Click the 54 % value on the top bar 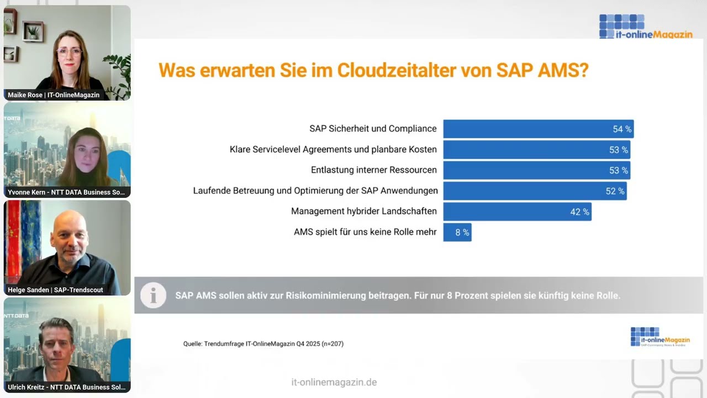pyautogui.click(x=621, y=129)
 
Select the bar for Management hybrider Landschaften pyautogui.click(x=517, y=212)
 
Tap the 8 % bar pyautogui.click(x=457, y=233)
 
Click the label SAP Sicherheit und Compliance pyautogui.click(x=373, y=129)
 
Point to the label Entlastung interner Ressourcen pyautogui.click(x=373, y=170)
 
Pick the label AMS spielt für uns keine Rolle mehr pyautogui.click(x=365, y=232)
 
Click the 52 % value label pyautogui.click(x=615, y=191)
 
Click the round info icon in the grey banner pyautogui.click(x=153, y=296)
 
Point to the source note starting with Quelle pyautogui.click(x=263, y=344)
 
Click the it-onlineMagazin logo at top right pyautogui.click(x=645, y=27)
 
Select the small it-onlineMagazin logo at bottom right pyautogui.click(x=659, y=337)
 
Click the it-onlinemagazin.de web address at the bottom pyautogui.click(x=334, y=383)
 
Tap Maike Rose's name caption pyautogui.click(x=54, y=95)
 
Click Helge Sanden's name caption pyautogui.click(x=55, y=290)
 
